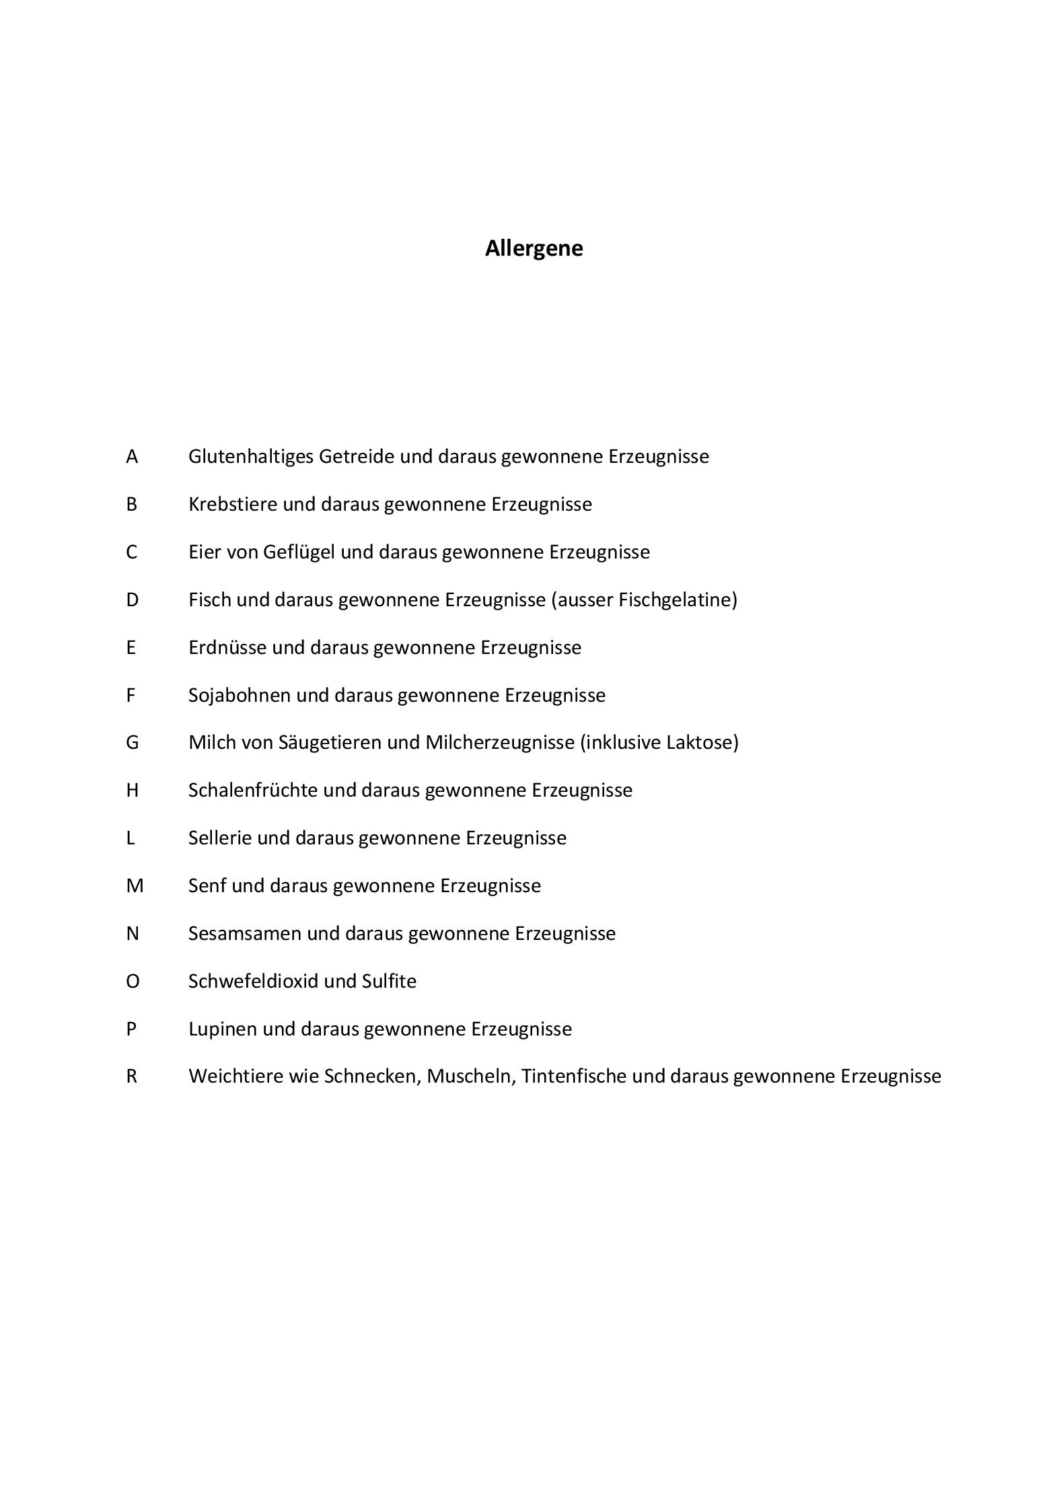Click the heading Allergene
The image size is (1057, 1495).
534,248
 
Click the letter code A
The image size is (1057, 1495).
132,457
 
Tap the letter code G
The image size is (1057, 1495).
133,743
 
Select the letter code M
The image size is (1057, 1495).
135,886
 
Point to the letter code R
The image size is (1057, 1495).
132,1077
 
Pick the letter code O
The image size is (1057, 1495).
133,982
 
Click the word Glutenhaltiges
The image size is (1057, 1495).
250,457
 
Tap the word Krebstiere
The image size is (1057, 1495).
233,505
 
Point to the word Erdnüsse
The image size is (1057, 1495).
227,648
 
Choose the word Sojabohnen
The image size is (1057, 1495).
240,696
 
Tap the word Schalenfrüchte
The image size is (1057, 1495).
252,791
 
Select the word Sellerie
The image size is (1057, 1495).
220,838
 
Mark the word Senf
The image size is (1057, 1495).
207,886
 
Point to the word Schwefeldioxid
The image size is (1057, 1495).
253,982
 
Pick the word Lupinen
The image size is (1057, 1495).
223,1029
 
